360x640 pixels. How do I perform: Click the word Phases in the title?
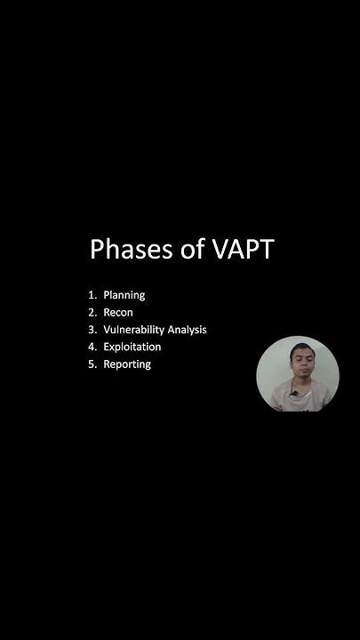click(130, 250)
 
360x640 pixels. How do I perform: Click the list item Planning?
click(124, 295)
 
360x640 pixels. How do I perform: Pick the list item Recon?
click(118, 312)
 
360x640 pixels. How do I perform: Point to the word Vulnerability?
click(135, 330)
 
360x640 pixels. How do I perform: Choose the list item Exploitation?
click(132, 347)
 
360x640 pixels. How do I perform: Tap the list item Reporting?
click(127, 364)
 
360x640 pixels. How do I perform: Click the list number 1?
click(91, 295)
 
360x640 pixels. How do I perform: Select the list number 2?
click(91, 312)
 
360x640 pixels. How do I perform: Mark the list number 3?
click(91, 330)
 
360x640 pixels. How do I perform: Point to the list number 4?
click(91, 347)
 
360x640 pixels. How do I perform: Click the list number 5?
click(91, 364)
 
